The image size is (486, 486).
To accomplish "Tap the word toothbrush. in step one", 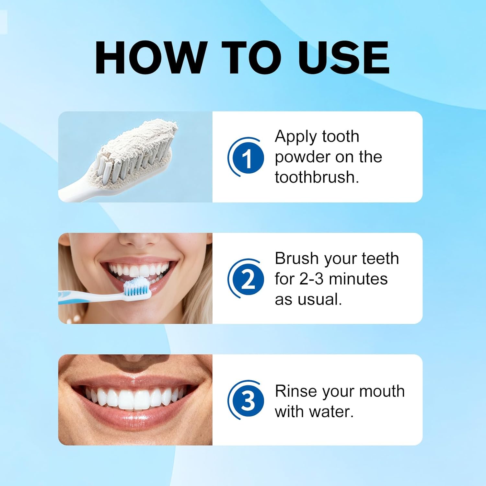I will [x=317, y=177].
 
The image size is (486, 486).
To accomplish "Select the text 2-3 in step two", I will [x=311, y=279].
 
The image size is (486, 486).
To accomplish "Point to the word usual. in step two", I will [x=320, y=299].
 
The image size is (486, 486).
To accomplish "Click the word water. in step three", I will [x=331, y=411].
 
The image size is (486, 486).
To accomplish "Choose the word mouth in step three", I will [x=382, y=391].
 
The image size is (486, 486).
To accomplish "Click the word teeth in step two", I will [x=380, y=258].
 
